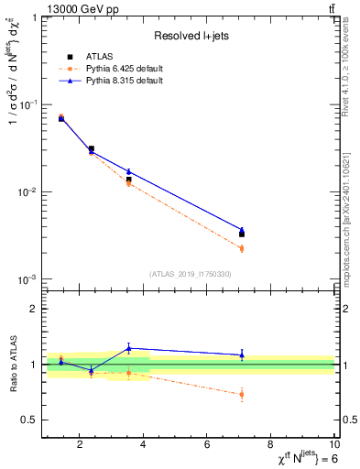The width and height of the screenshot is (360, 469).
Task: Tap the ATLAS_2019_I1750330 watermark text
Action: coord(189,274)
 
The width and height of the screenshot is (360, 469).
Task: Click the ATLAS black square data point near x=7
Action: coord(242,234)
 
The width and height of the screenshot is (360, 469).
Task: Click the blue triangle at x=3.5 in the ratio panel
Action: coord(129,348)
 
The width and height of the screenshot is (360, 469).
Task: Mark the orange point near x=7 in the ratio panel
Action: coord(242,395)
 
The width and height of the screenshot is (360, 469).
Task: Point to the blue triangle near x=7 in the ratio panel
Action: coord(242,354)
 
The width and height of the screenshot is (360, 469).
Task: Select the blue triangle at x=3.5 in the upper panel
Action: coord(129,171)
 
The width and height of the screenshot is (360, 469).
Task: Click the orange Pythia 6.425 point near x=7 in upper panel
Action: coord(242,248)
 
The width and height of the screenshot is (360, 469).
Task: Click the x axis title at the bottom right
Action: coord(293,458)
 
